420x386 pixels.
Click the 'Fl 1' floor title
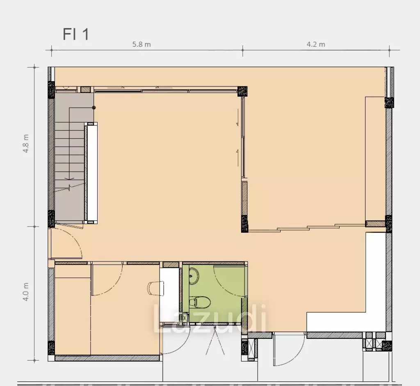pyautogui.click(x=76, y=34)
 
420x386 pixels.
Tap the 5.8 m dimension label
pyautogui.click(x=142, y=44)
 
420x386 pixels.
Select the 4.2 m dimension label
pyautogui.click(x=316, y=44)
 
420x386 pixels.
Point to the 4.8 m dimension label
pyautogui.click(x=26, y=143)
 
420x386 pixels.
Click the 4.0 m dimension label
pyautogui.click(x=26, y=292)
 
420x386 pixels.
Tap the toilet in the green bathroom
pyautogui.click(x=200, y=302)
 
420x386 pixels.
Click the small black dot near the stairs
pyautogui.click(x=94, y=108)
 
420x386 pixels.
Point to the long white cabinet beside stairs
pyautogui.click(x=91, y=173)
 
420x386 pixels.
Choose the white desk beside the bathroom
pyautogui.click(x=169, y=295)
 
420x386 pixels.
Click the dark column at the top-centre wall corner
pyautogui.click(x=242, y=91)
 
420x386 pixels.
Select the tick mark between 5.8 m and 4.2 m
pyautogui.click(x=243, y=50)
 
